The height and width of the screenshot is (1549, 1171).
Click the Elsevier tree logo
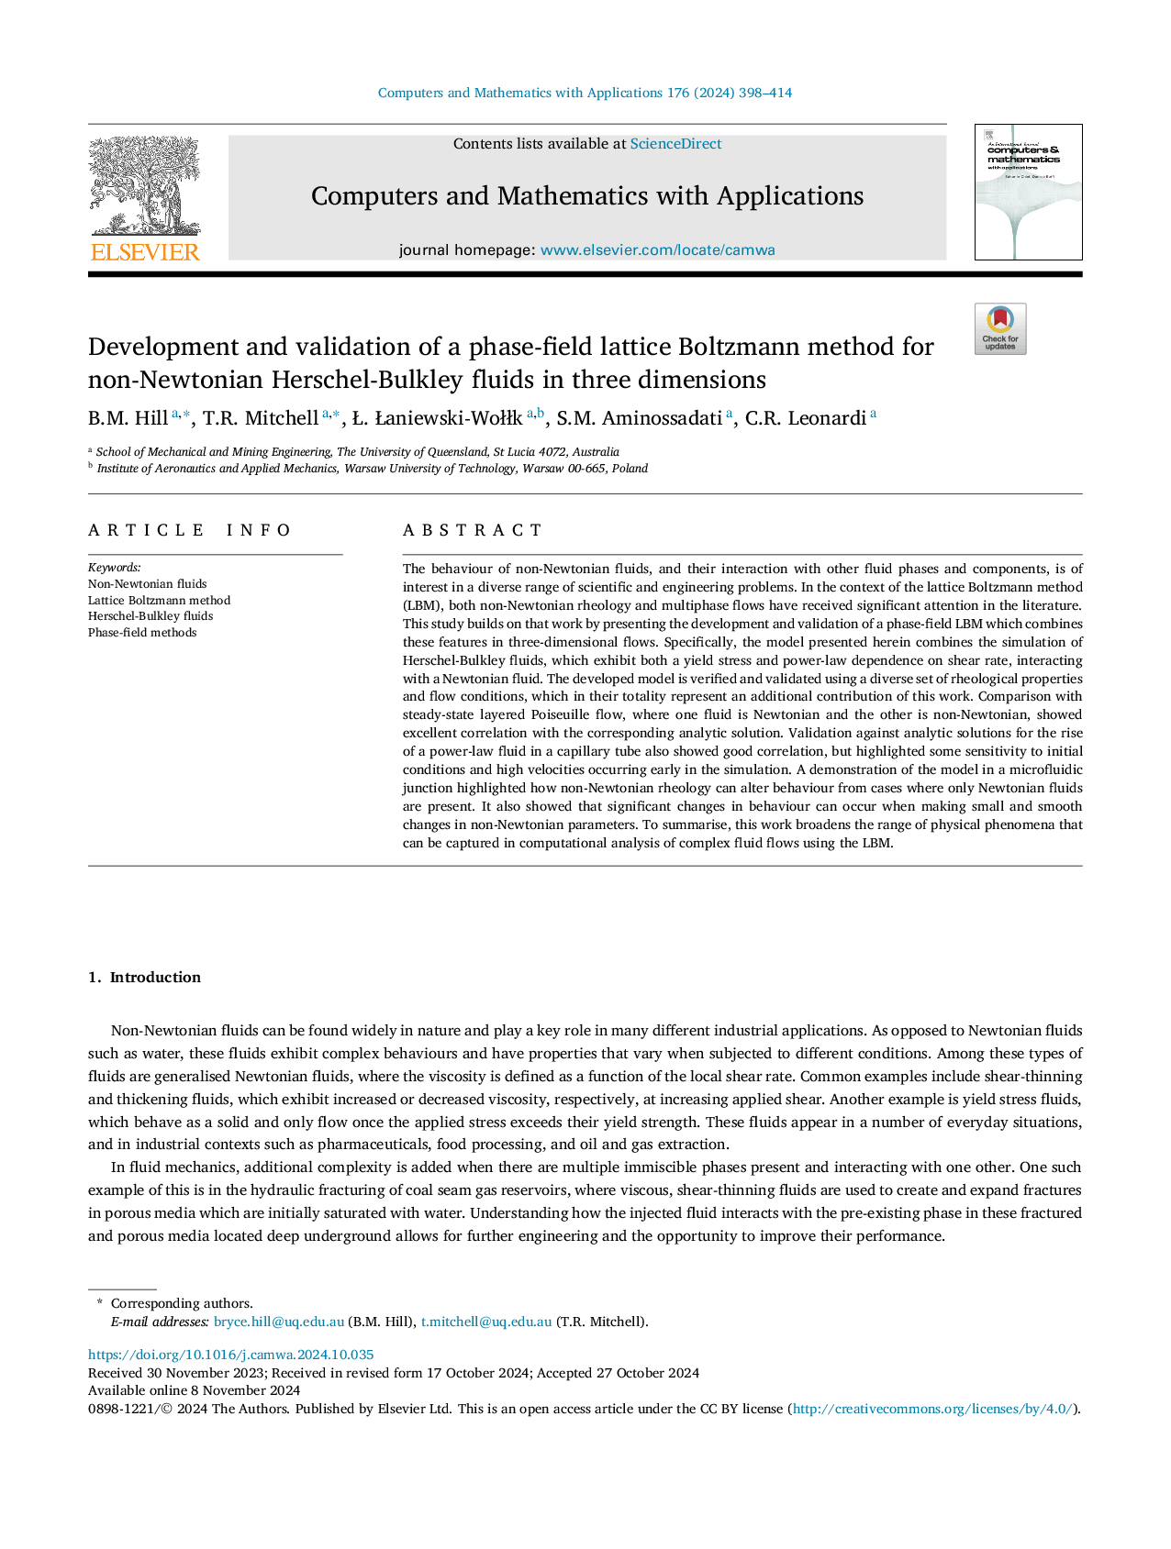click(145, 186)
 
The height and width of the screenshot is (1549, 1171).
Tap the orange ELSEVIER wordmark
click(145, 252)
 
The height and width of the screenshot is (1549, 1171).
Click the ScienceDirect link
click(675, 144)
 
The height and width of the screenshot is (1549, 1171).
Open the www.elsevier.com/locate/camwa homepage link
click(657, 250)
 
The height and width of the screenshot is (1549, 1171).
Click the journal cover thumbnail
click(1028, 193)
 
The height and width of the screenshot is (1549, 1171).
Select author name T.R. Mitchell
click(260, 419)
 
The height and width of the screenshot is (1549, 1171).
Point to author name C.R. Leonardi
click(805, 419)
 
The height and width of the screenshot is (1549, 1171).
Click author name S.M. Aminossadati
click(639, 419)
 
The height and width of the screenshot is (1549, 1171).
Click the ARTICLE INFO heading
click(190, 530)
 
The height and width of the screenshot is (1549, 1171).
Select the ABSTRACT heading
click(473, 530)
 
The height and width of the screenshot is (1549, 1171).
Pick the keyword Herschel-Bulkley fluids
click(151, 616)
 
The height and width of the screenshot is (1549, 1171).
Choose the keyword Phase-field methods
click(142, 633)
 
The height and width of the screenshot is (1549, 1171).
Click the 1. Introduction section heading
click(144, 978)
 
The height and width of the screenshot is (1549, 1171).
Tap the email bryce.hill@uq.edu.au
click(278, 1322)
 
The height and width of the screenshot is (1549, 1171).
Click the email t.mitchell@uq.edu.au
click(486, 1322)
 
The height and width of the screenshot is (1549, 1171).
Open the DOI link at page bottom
click(230, 1355)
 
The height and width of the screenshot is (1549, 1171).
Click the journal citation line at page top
click(585, 93)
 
